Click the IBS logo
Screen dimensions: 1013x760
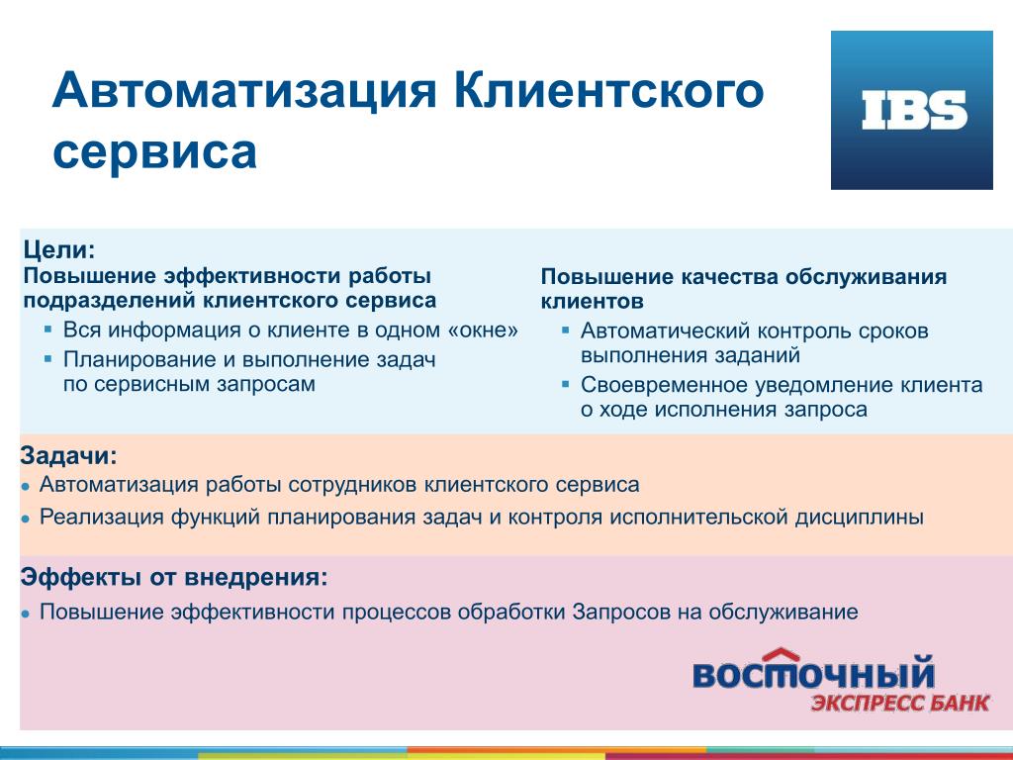click(911, 110)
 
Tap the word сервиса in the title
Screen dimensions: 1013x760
click(154, 152)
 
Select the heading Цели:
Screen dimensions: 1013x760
click(59, 249)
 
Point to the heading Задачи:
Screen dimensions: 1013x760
click(69, 455)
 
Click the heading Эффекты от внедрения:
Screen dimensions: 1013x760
click(174, 577)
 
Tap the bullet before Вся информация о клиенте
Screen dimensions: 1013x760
click(47, 330)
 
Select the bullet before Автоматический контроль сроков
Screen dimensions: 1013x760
click(565, 331)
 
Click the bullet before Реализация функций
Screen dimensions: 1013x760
click(25, 519)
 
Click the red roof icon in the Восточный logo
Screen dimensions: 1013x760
click(782, 655)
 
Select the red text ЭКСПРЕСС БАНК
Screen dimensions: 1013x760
click(900, 703)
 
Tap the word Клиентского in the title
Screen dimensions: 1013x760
click(608, 90)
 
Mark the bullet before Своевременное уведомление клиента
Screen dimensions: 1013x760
click(565, 385)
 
